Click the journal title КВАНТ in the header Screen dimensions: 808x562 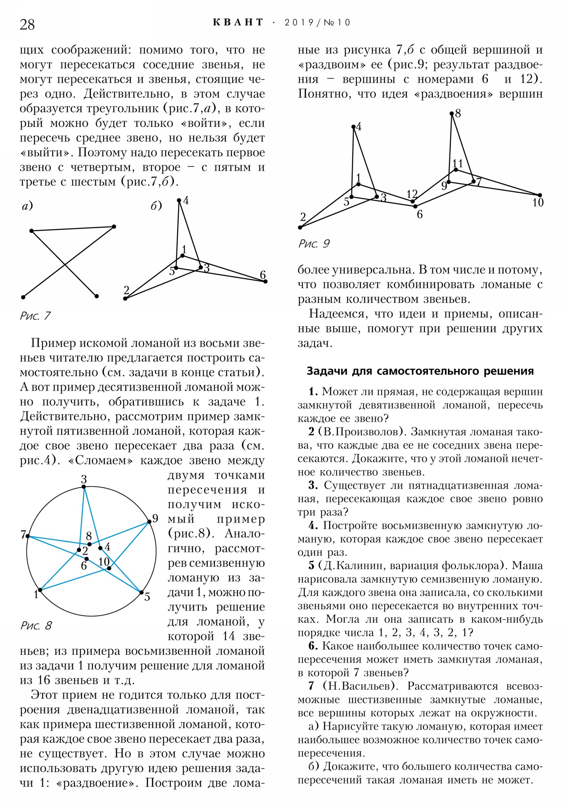coord(238,22)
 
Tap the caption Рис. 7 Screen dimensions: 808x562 coord(35,316)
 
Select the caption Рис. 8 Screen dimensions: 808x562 coord(36,635)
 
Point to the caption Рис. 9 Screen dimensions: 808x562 coord(314,243)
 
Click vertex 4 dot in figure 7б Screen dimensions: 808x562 coord(179,200)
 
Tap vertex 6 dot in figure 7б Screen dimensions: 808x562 coord(265,281)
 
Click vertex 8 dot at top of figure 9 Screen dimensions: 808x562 coord(451,113)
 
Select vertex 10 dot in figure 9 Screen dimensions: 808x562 coord(540,195)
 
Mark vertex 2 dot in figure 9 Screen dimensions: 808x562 coord(300,227)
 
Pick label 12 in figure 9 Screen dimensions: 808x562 coord(412,194)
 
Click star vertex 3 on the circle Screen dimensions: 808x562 coord(84,487)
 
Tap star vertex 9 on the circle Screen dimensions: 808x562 coord(149,522)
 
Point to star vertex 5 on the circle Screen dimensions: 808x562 coord(142,593)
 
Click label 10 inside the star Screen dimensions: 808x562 coord(104,562)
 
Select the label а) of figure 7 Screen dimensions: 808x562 coord(27,206)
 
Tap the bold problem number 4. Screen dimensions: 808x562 coord(313,526)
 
